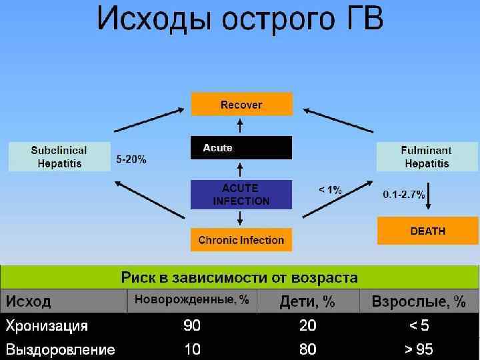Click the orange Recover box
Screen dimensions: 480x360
click(241, 105)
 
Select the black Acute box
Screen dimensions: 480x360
click(241, 148)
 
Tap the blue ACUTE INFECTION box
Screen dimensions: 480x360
click(241, 194)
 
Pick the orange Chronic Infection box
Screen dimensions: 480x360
click(241, 240)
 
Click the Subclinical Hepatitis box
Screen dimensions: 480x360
click(59, 157)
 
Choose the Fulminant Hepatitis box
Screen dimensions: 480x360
click(426, 157)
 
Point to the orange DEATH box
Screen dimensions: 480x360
click(427, 231)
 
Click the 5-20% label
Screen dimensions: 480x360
click(131, 160)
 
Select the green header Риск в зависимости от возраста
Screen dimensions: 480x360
click(239, 277)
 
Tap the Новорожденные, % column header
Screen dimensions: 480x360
click(192, 301)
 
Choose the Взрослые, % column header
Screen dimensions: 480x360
click(419, 301)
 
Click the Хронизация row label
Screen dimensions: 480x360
click(47, 326)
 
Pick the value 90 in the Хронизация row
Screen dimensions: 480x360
click(192, 326)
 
